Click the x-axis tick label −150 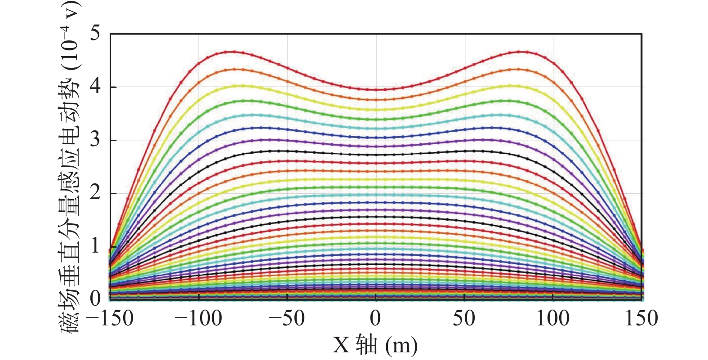point(109,319)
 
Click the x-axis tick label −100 point(198,319)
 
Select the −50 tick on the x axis point(287,319)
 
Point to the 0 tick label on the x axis point(376,319)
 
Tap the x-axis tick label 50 point(464,319)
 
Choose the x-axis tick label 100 point(553,319)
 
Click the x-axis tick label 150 point(641,319)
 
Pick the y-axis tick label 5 point(95,34)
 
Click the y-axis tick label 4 point(95,87)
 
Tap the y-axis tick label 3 point(95,140)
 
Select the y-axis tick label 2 point(95,193)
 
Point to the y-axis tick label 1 point(95,246)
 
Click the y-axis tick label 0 point(95,298)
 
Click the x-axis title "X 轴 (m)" point(375,345)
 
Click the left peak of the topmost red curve point(234,52)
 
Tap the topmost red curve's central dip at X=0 point(376,89)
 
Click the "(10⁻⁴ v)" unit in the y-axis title point(70,36)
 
